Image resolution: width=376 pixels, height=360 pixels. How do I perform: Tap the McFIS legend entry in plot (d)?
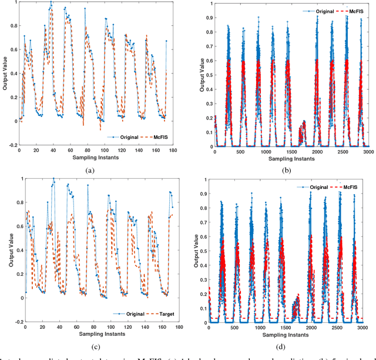pyautogui.click(x=351, y=186)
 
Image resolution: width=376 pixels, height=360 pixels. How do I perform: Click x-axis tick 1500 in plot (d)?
pyautogui.click(x=284, y=326)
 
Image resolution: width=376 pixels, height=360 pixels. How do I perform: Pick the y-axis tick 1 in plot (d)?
pyautogui.click(x=203, y=179)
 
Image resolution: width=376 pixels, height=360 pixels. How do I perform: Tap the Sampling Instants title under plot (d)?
pyautogui.click(x=284, y=334)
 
